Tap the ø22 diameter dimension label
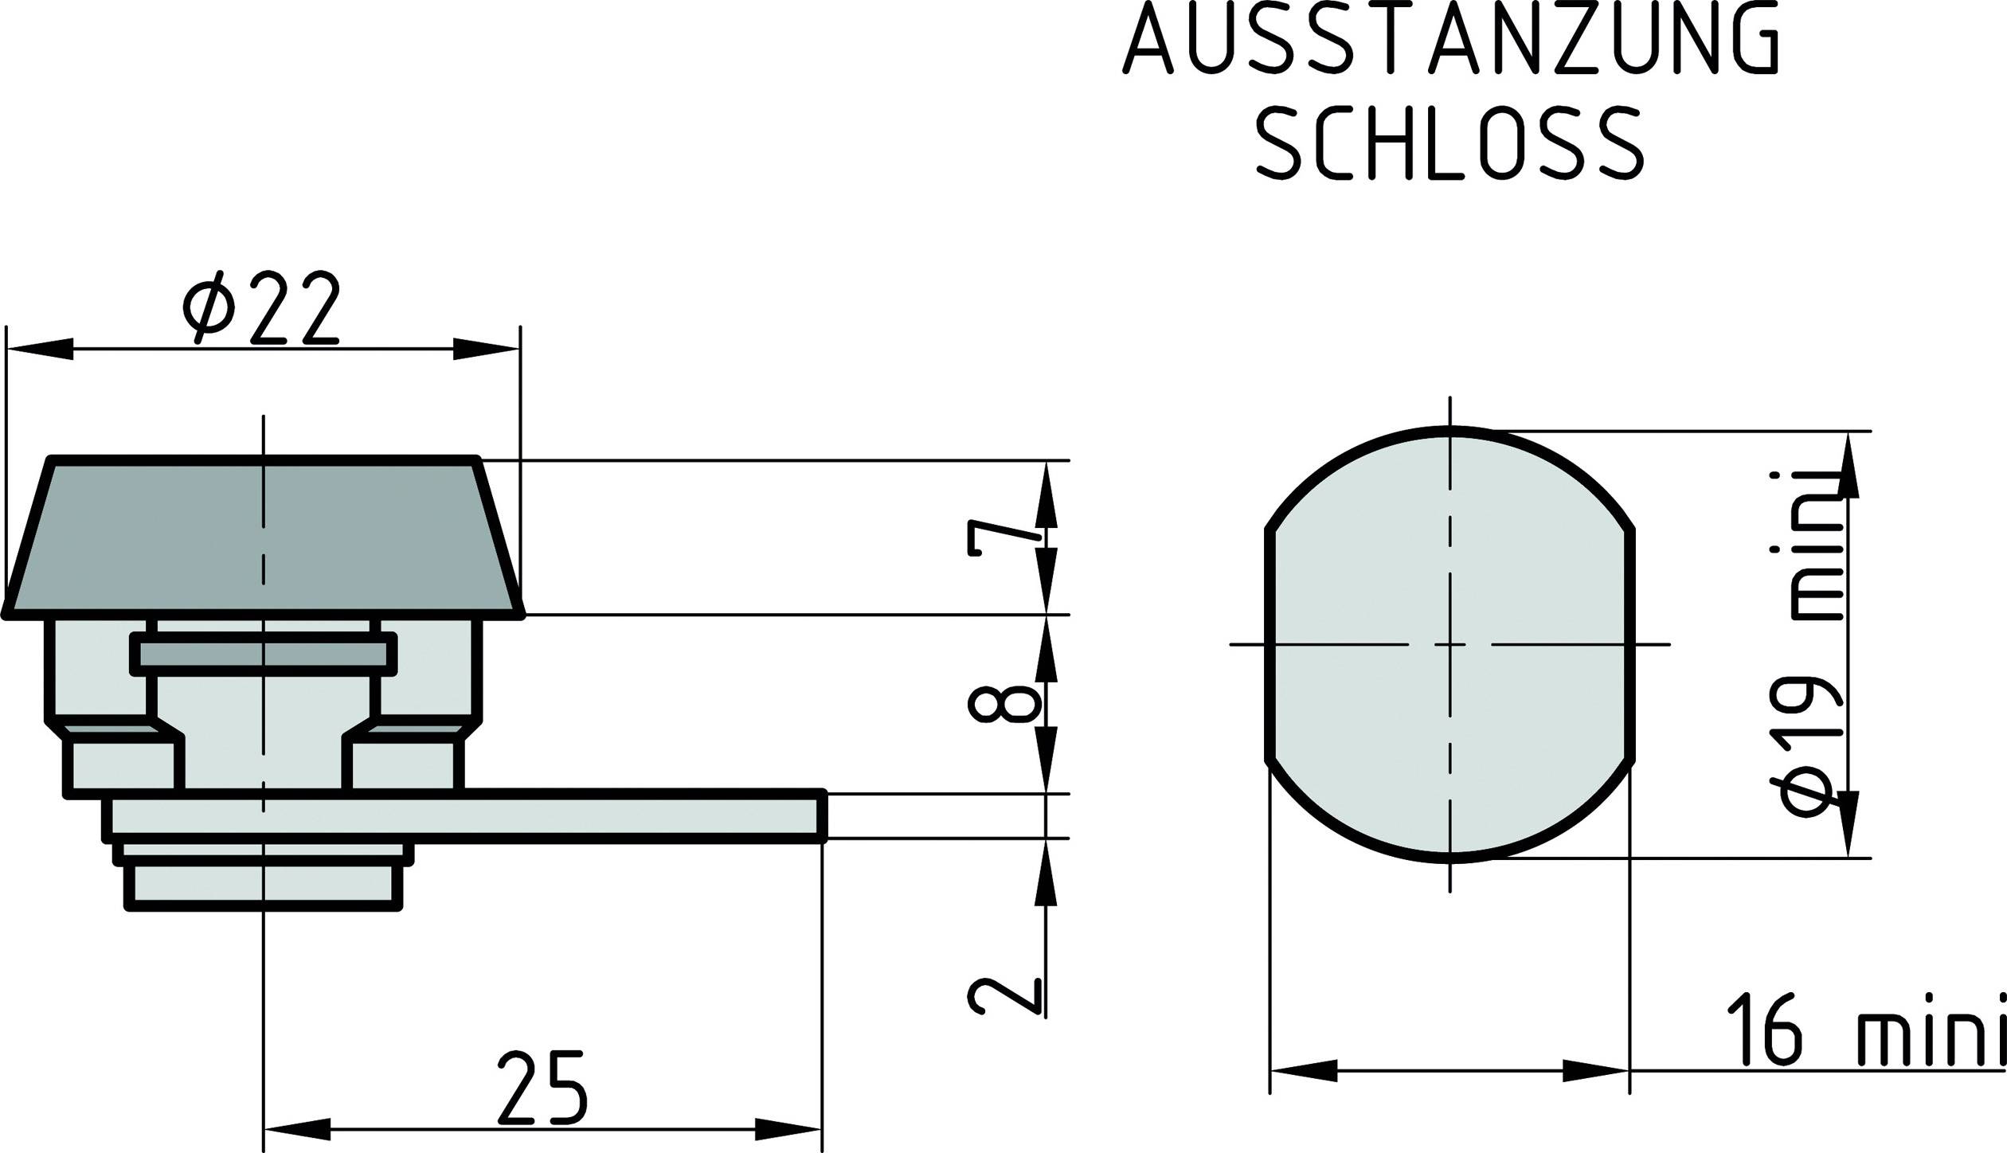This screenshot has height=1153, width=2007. (261, 307)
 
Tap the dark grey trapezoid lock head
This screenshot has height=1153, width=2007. (263, 538)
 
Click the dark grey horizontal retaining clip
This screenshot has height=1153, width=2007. (263, 655)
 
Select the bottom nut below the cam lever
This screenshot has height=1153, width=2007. (263, 885)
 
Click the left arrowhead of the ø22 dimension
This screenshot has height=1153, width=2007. (40, 349)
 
